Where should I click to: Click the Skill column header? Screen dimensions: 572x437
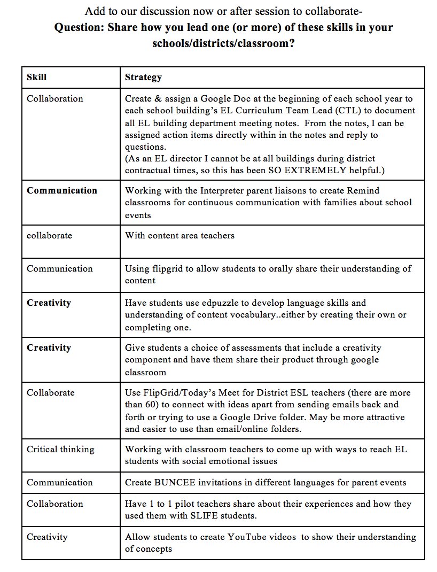36,77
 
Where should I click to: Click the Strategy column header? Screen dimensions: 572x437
143,77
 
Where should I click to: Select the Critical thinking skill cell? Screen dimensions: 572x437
60,449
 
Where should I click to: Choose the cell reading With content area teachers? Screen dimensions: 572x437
180,235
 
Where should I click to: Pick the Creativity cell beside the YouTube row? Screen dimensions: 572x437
47,537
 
